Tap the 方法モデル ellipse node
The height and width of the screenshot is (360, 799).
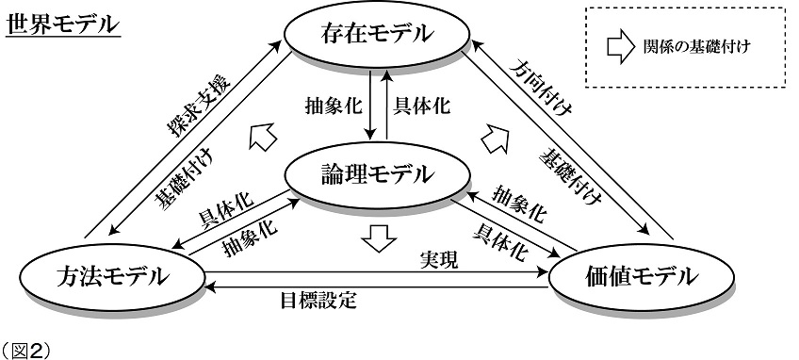pyautogui.click(x=112, y=277)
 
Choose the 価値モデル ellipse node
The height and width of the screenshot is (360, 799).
pyautogui.click(x=641, y=276)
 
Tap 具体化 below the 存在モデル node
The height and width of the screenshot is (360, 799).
pyautogui.click(x=422, y=106)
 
